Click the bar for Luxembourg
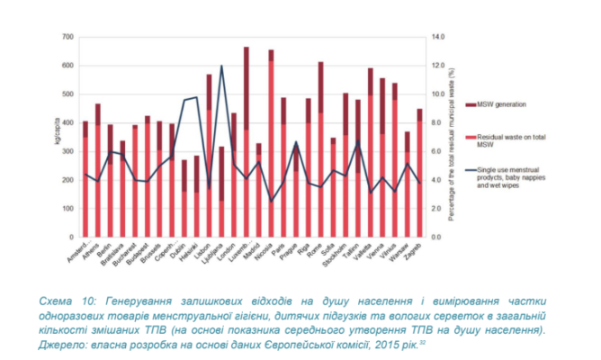[x=247, y=144]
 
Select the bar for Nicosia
[x=272, y=144]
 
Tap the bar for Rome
[x=320, y=153]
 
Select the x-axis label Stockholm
[x=342, y=252]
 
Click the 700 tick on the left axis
[x=68, y=37]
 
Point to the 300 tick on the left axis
[x=68, y=151]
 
